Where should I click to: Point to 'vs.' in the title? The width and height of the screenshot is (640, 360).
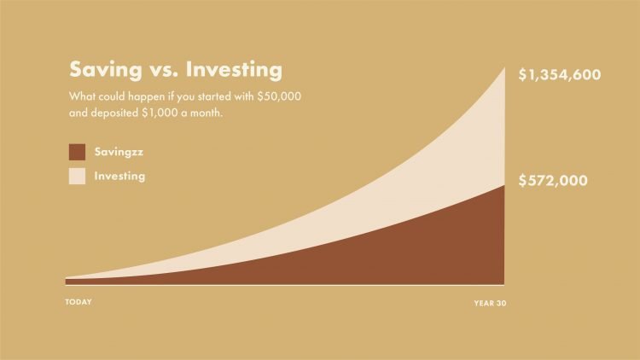161,68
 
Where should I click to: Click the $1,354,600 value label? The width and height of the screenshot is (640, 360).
561,75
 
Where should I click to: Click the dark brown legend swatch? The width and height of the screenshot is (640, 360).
77,152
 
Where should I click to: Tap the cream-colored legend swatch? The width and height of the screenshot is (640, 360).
77,177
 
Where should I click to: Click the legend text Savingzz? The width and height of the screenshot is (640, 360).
120,152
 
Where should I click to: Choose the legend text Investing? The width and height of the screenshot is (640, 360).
119,177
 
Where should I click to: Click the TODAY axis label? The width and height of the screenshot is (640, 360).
79,302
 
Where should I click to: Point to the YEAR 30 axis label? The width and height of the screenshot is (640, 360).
490,303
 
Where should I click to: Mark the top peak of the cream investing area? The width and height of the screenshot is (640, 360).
503,67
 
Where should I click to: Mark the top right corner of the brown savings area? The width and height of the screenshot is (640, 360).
503,185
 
